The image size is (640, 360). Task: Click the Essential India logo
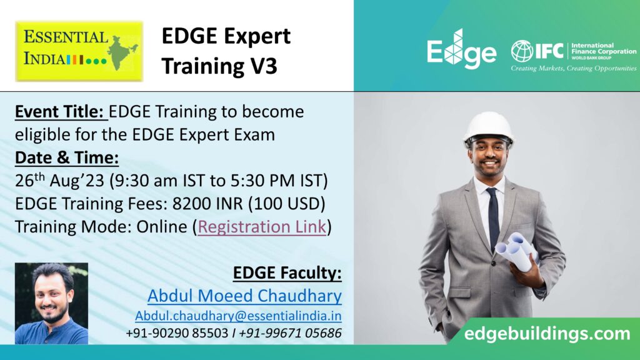pos(79,51)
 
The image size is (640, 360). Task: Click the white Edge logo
pos(462,49)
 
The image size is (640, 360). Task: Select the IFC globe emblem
pos(522,51)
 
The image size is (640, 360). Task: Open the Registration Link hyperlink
pos(262,227)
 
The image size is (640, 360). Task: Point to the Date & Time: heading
pos(67,157)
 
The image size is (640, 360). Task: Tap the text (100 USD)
pos(287,204)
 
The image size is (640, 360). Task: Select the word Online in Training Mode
pos(162,227)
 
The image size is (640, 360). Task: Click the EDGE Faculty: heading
pos(287,272)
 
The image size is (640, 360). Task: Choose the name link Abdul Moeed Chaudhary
pos(244,296)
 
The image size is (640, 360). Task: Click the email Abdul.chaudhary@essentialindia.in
pos(238,316)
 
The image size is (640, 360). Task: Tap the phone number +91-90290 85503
pos(177,333)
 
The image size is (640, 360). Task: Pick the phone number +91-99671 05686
pos(290,333)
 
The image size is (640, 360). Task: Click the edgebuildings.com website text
pos(547,334)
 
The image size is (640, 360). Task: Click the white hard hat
pos(489,128)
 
